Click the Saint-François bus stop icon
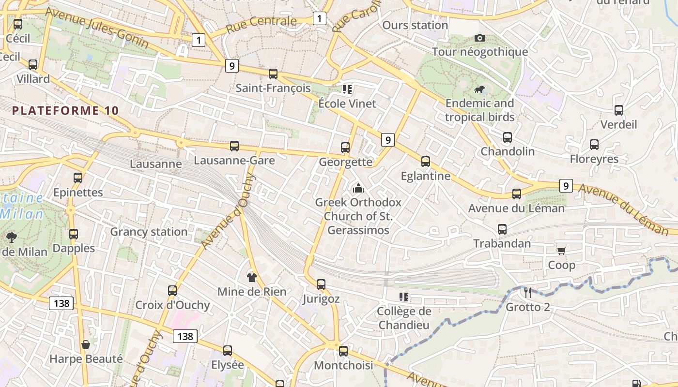[273, 74]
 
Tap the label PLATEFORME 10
[65, 110]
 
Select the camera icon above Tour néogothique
[480, 38]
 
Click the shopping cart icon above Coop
[561, 251]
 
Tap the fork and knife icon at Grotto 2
[528, 292]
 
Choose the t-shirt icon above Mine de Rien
[251, 277]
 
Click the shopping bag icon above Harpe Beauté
[86, 344]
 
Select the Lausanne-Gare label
[234, 160]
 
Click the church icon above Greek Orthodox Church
[358, 188]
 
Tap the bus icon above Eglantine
[426, 162]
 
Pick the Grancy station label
[149, 232]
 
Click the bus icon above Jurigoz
[321, 284]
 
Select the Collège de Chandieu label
[403, 318]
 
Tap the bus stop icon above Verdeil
[619, 110]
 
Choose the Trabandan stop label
[502, 243]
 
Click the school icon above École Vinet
[347, 89]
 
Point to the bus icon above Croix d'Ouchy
[172, 291]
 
